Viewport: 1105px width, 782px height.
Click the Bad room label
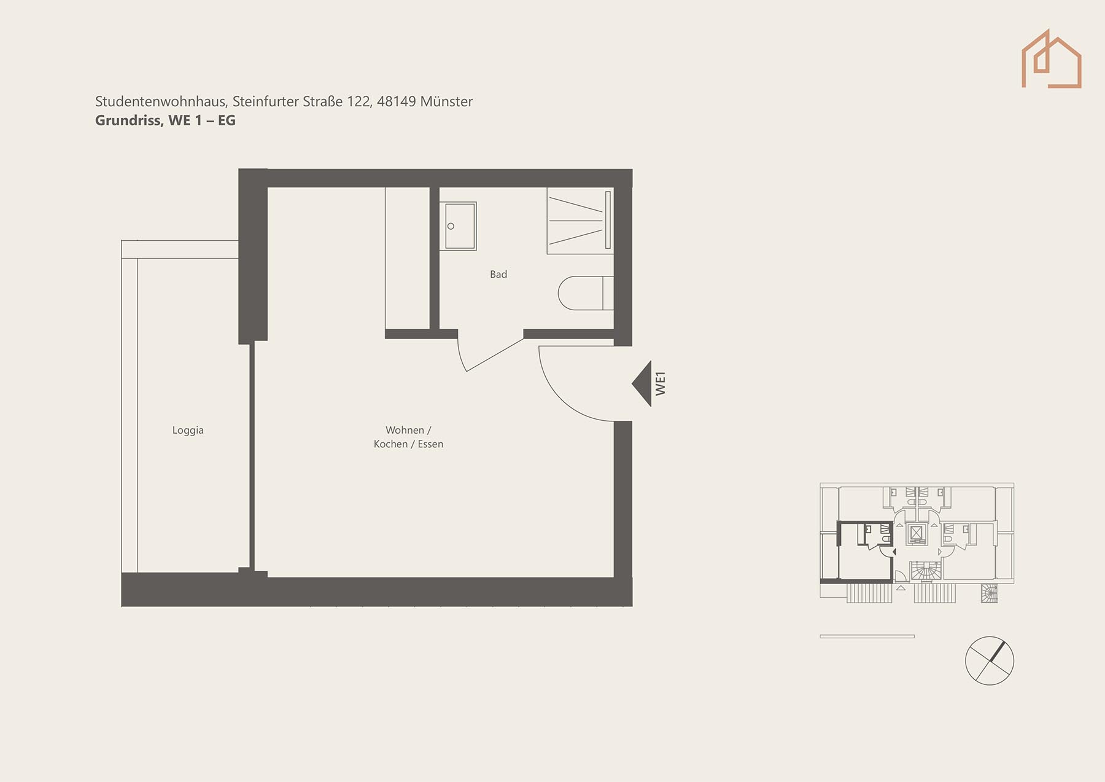[x=498, y=275]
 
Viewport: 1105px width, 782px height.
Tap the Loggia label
[x=188, y=430]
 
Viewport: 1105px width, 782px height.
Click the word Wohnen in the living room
[x=405, y=430]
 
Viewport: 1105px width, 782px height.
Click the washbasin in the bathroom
[x=458, y=226]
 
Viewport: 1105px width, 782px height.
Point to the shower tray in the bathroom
[x=580, y=221]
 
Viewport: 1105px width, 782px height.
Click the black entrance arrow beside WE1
[x=642, y=383]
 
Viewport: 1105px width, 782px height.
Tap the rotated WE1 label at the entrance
[x=661, y=383]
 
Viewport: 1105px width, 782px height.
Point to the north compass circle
[x=990, y=660]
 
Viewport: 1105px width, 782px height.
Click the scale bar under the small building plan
[x=867, y=636]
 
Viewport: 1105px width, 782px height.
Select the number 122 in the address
[x=359, y=101]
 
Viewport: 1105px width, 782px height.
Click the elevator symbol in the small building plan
[x=917, y=533]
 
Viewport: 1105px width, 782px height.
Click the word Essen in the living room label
[x=430, y=444]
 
